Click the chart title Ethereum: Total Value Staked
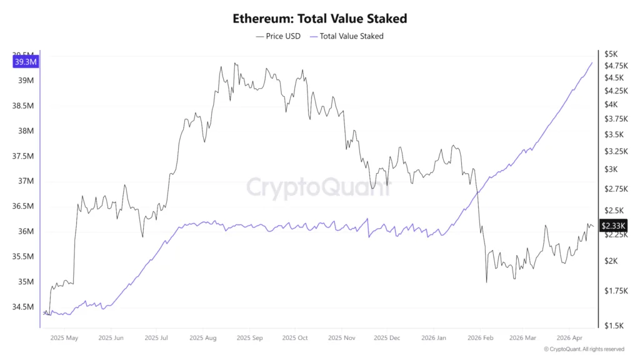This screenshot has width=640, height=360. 319,18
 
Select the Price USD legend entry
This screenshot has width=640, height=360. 278,36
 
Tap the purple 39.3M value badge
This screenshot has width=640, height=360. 26,61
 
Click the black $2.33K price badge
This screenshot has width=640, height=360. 612,226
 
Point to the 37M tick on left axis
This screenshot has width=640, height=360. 26,181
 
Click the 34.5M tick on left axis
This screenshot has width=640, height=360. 23,307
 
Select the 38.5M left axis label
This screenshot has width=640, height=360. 23,106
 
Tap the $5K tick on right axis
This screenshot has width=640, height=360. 611,54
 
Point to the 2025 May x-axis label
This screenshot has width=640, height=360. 64,338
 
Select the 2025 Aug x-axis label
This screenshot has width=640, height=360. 204,338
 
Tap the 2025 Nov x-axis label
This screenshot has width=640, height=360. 341,338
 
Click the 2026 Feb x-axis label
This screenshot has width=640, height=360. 480,338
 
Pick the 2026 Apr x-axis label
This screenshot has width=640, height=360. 569,338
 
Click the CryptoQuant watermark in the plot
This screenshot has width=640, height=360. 319,187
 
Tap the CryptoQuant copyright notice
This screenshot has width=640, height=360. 584,349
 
